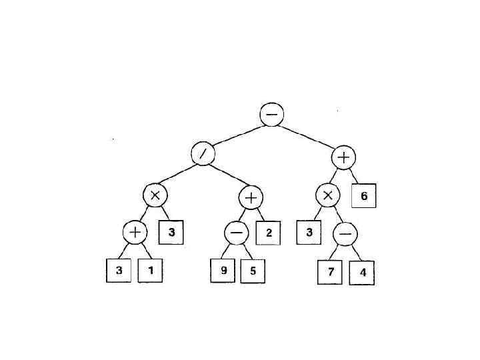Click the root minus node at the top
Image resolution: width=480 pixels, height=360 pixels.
(272, 115)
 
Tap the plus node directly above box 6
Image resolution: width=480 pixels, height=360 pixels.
(344, 157)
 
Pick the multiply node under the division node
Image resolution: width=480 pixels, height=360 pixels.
(155, 195)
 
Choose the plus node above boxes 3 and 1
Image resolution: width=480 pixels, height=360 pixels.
(134, 233)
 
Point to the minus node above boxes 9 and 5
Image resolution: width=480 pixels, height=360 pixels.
(236, 234)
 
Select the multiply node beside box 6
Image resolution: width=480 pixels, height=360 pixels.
(327, 196)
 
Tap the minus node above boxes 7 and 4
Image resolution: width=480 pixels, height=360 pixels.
(345, 234)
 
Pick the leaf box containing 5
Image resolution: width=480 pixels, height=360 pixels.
(253, 272)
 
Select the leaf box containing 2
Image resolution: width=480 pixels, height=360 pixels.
(269, 233)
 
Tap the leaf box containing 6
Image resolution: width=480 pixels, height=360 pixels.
(364, 197)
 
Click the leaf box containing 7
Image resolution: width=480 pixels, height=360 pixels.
(329, 273)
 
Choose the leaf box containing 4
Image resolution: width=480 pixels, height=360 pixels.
(361, 273)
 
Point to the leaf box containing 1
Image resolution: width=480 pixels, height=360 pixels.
(150, 271)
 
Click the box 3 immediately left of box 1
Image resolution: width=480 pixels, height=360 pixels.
(118, 271)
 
